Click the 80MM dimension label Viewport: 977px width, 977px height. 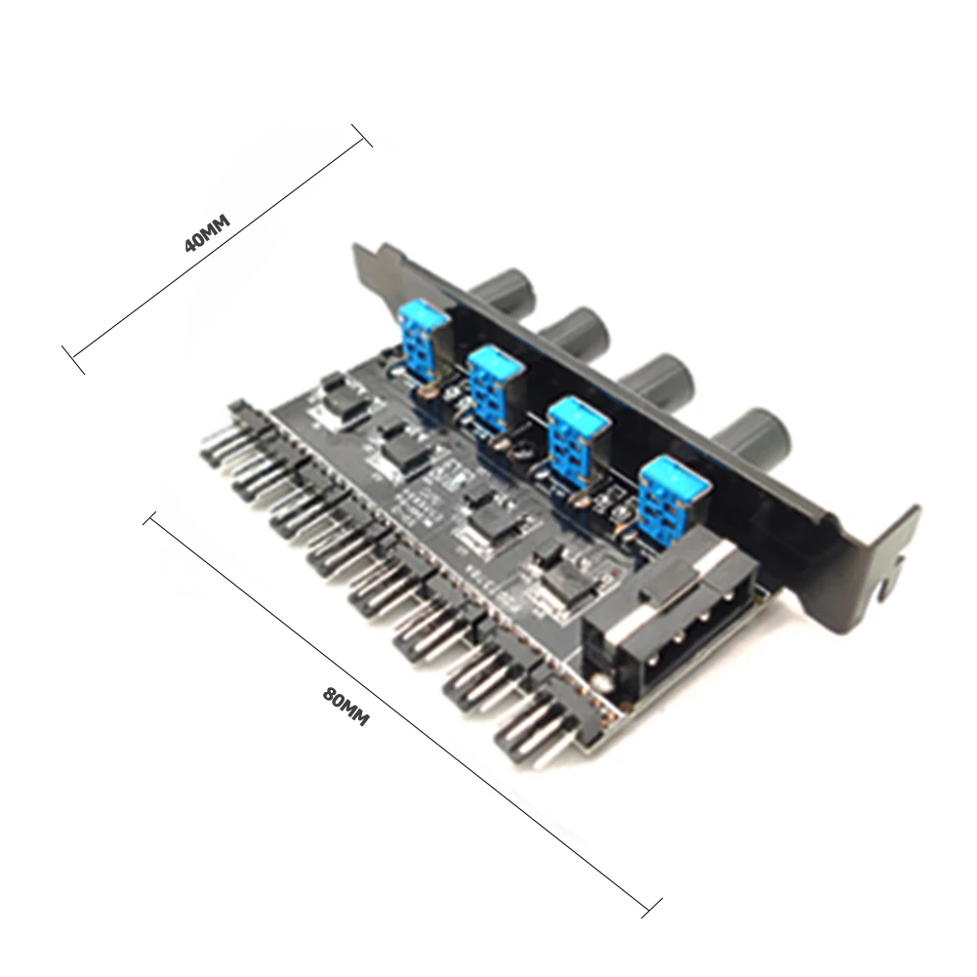346,706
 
